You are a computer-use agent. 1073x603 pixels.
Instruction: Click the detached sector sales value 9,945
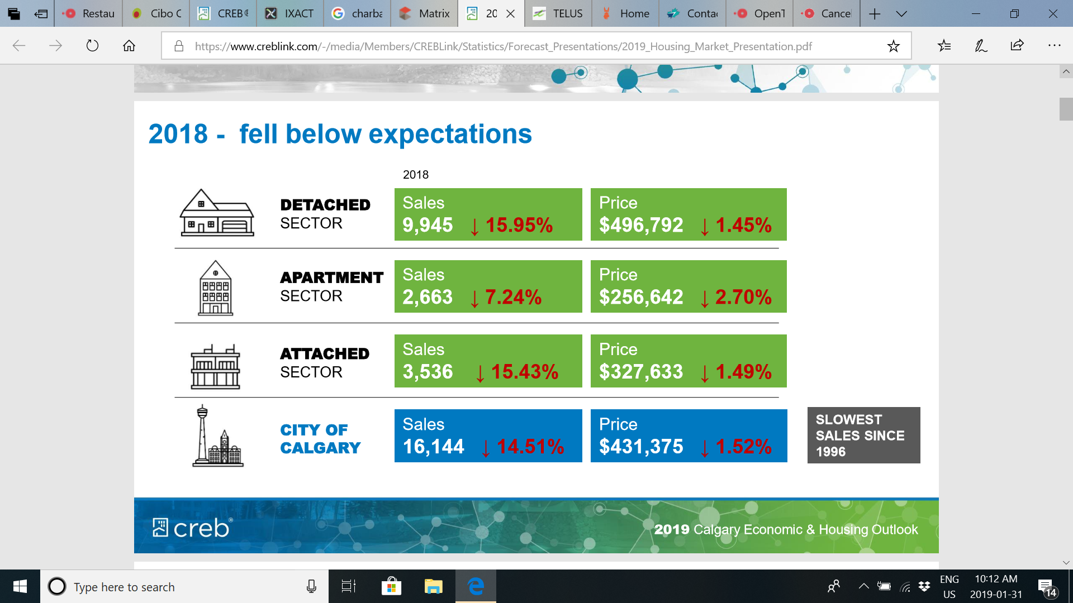pyautogui.click(x=428, y=225)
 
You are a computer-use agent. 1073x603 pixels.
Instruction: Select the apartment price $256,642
pyautogui.click(x=641, y=297)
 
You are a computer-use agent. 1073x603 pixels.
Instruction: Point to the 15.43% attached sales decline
pyautogui.click(x=524, y=372)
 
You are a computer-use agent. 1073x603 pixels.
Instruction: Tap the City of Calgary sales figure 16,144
pyautogui.click(x=433, y=447)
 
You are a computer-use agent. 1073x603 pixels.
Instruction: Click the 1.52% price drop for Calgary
pyautogui.click(x=743, y=447)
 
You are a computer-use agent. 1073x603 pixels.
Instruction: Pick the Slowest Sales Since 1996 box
pyautogui.click(x=863, y=435)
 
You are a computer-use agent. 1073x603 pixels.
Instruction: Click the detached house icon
pyautogui.click(x=217, y=213)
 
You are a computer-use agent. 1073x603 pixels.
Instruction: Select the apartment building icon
pyautogui.click(x=216, y=288)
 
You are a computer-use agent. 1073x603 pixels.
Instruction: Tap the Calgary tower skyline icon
pyautogui.click(x=217, y=437)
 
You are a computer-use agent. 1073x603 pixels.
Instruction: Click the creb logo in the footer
pyautogui.click(x=192, y=528)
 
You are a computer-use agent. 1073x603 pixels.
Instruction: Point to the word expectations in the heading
pyautogui.click(x=450, y=134)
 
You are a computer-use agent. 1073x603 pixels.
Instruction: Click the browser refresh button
pyautogui.click(x=92, y=46)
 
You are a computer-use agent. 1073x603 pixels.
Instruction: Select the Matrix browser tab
pyautogui.click(x=425, y=13)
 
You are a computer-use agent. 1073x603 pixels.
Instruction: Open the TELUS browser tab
pyautogui.click(x=558, y=13)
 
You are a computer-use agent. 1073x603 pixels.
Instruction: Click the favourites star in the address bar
pyautogui.click(x=893, y=46)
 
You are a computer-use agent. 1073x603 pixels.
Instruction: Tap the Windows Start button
pyautogui.click(x=20, y=586)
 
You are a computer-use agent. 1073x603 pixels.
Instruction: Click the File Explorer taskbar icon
pyautogui.click(x=433, y=586)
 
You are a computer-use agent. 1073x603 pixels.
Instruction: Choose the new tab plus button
pyautogui.click(x=875, y=13)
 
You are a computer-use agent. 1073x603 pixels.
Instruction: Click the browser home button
pyautogui.click(x=129, y=46)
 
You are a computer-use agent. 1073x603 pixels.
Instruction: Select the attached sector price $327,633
pyautogui.click(x=641, y=372)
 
